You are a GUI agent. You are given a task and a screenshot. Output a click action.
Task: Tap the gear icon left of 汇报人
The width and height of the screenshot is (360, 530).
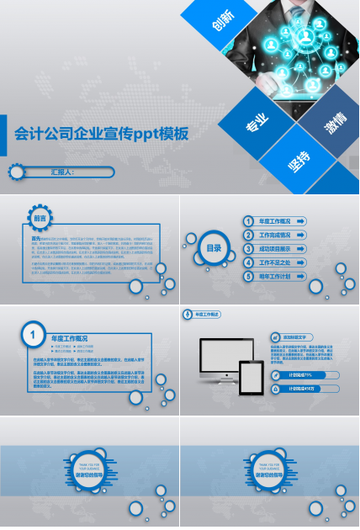point(16,172)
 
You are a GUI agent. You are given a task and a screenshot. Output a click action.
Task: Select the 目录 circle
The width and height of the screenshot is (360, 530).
point(214,247)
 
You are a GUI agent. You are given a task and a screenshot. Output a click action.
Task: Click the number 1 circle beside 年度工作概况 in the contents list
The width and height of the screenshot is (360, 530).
point(249,221)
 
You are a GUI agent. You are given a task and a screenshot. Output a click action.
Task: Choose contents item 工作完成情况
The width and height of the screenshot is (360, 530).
point(275,235)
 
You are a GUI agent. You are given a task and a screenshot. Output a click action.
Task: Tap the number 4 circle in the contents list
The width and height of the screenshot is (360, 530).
point(249,262)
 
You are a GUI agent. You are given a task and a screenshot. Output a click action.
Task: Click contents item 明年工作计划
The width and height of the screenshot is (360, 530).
point(275,276)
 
